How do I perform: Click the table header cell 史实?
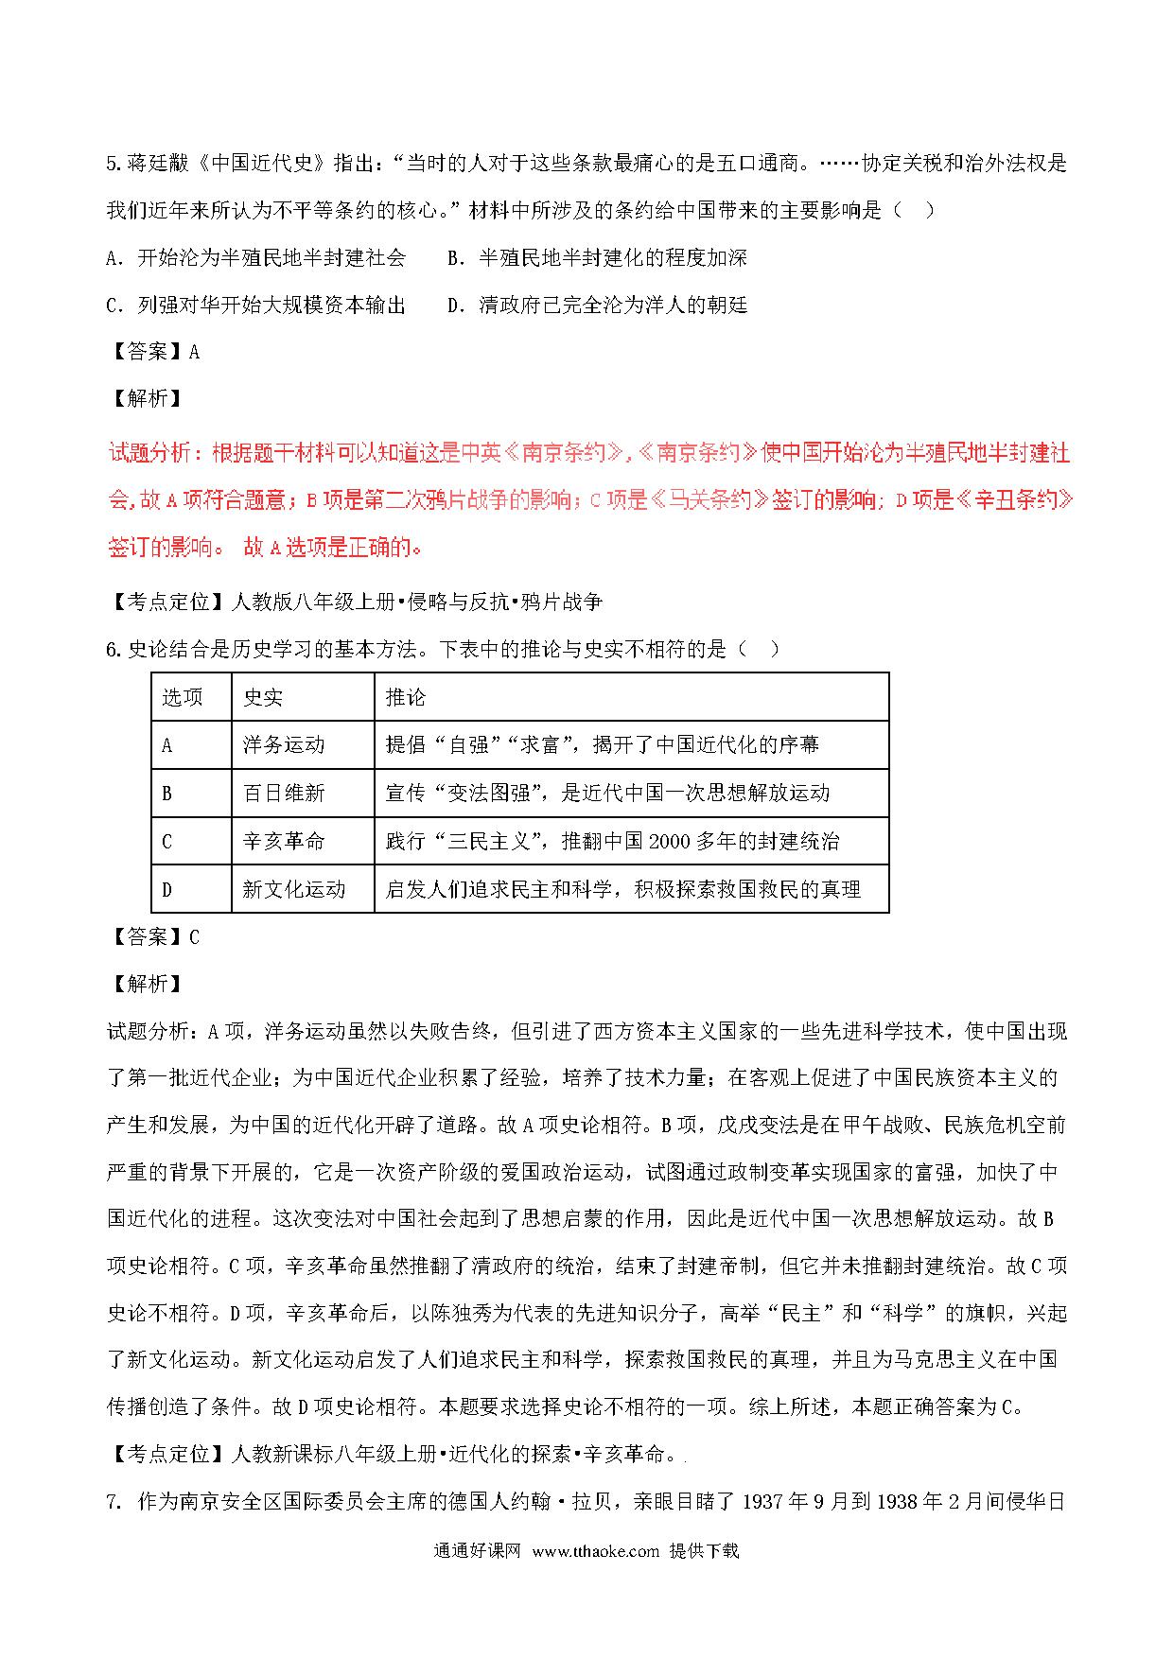(x=262, y=697)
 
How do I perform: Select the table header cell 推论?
(x=406, y=697)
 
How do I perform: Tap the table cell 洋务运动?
(x=284, y=745)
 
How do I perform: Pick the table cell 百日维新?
(x=284, y=793)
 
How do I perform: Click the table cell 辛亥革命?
(x=284, y=841)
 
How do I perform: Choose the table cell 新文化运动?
(x=294, y=889)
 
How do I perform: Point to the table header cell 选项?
(x=183, y=697)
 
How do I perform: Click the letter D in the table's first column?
(x=167, y=889)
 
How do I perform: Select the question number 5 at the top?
(x=113, y=164)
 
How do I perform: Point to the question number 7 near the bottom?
(x=113, y=1501)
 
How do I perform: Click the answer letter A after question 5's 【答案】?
(x=195, y=352)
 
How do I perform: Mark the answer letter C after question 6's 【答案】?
(x=195, y=937)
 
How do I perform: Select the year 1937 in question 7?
(x=766, y=1501)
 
